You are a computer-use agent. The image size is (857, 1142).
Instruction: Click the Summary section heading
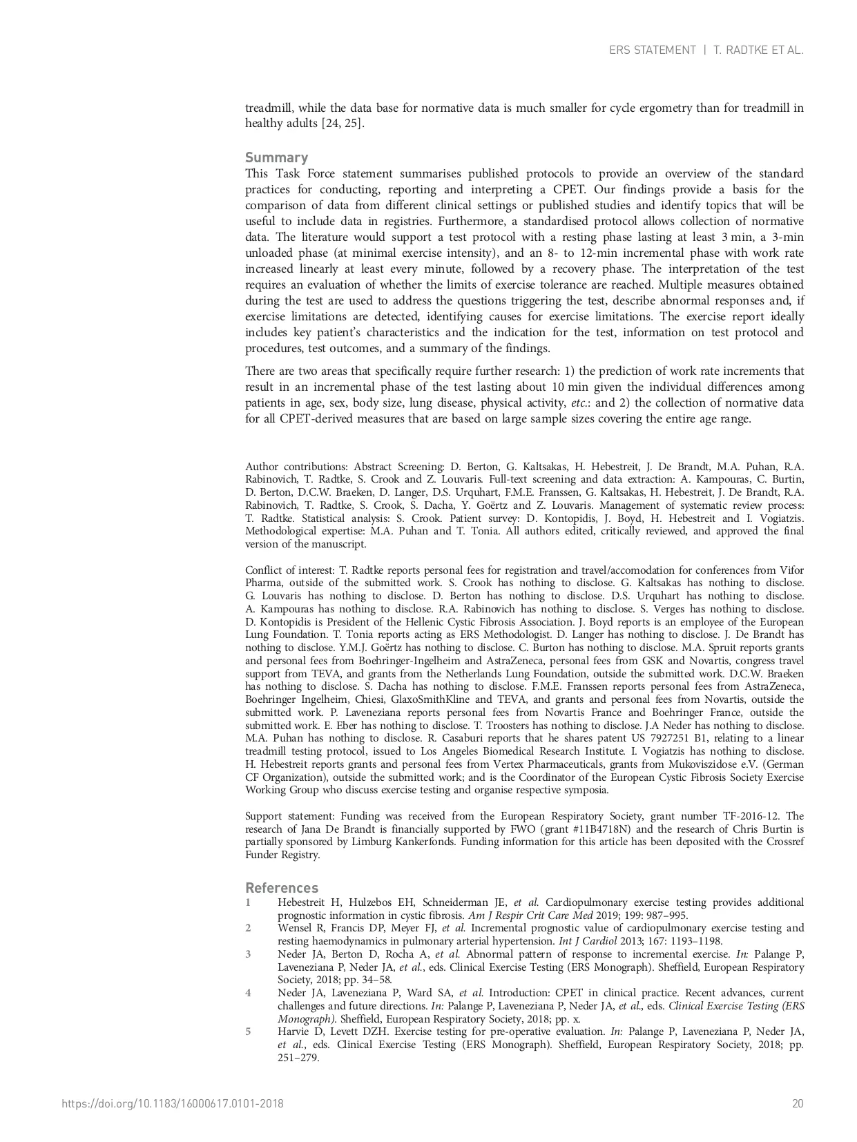[x=276, y=157]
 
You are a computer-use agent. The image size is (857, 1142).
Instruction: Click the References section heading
[x=282, y=888]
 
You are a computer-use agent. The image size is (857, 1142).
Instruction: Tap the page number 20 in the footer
[x=798, y=1103]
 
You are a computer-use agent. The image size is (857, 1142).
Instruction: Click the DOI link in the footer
[x=173, y=1103]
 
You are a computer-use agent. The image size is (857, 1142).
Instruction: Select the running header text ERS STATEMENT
[x=652, y=50]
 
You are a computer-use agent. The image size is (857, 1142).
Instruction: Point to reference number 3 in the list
[x=248, y=954]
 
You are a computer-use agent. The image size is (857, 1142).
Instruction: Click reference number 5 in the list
[x=248, y=1032]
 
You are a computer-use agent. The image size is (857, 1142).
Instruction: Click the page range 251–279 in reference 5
[x=298, y=1057]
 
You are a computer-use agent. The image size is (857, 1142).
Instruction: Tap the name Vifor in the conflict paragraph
[x=791, y=570]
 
